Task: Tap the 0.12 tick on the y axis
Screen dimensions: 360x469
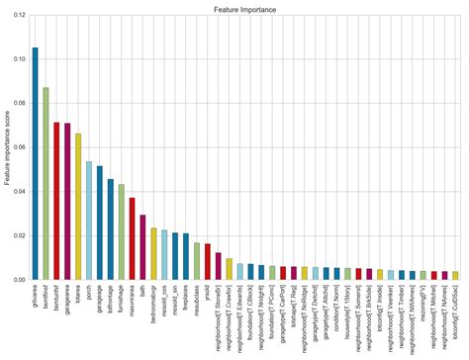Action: tap(20, 15)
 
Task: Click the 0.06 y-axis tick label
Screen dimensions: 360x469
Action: tap(20, 147)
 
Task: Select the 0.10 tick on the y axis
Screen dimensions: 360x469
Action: tap(20, 59)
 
